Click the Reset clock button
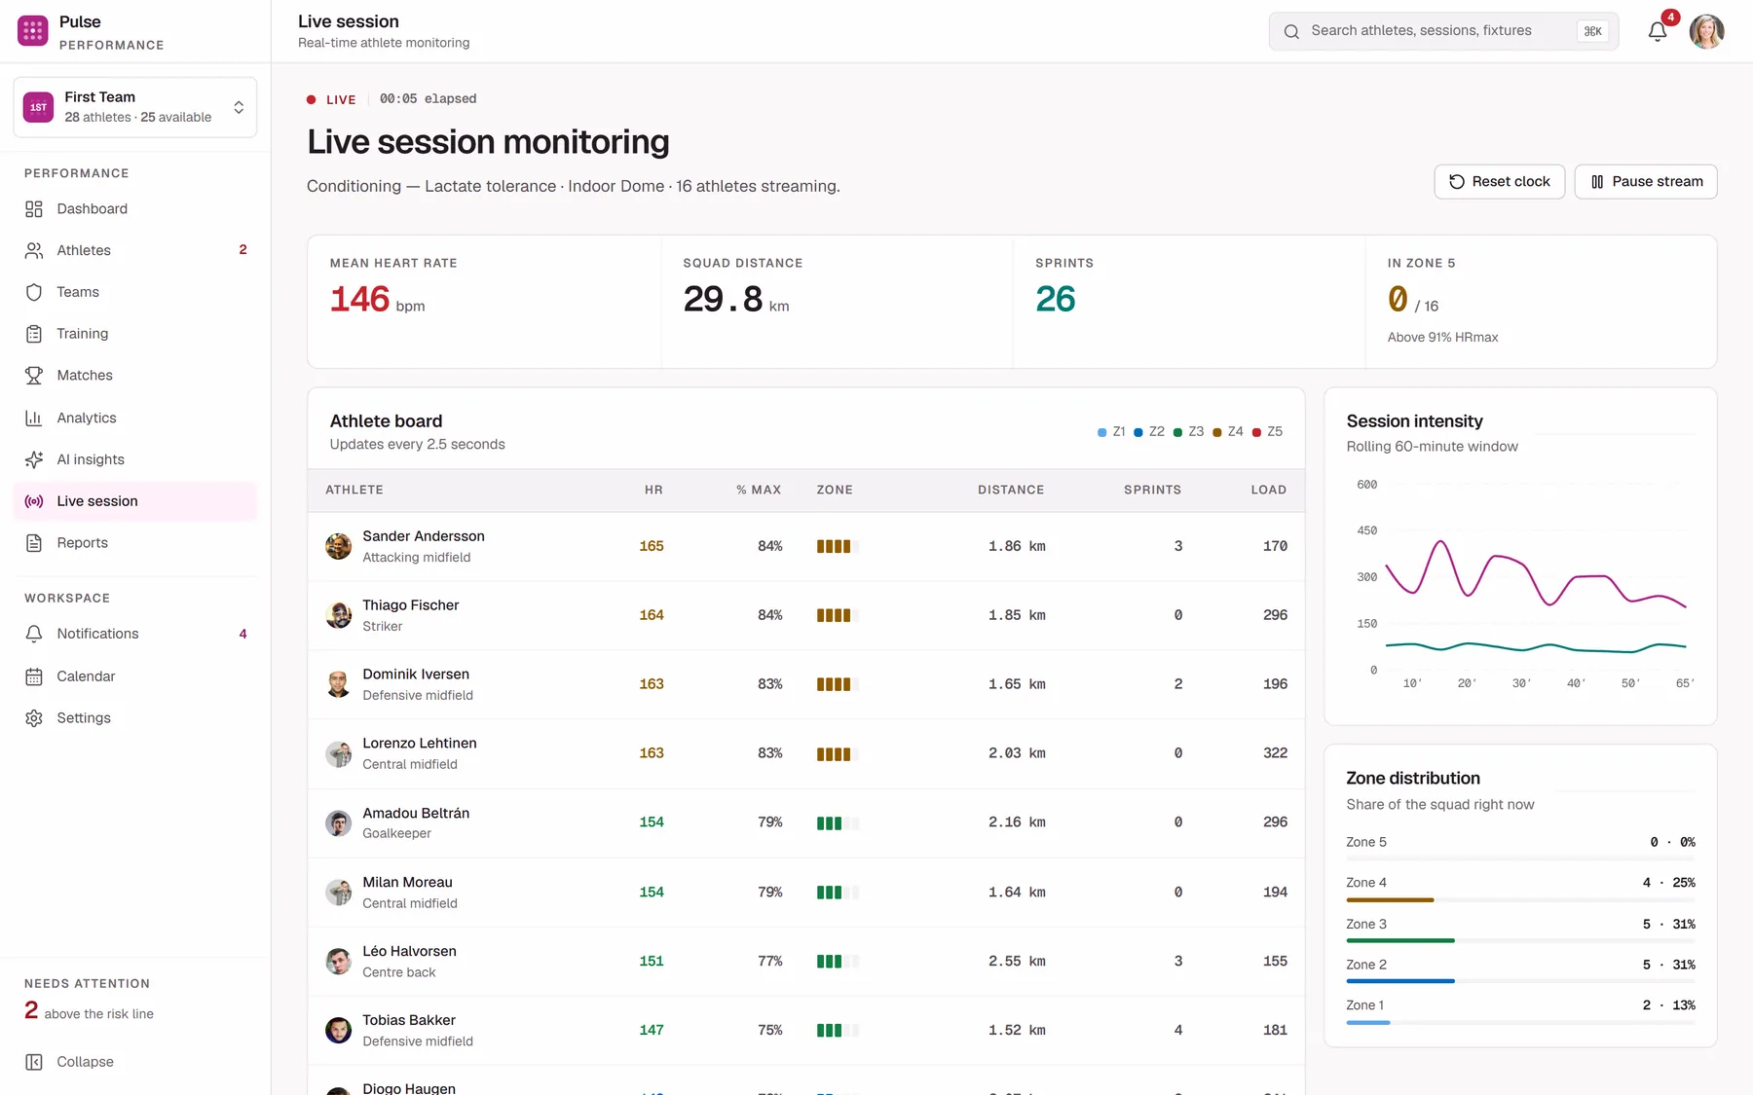1499,182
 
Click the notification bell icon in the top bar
1658,32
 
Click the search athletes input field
1443,31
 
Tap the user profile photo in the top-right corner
1706,31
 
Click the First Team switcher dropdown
135,107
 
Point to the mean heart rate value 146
359,299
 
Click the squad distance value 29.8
723,299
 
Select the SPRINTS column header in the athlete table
1152,490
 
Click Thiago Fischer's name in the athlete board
410,605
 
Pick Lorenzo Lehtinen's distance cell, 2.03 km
1017,753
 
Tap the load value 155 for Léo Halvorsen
1275,961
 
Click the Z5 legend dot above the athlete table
1256,432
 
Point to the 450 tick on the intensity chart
1367,530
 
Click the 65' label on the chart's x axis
1685,683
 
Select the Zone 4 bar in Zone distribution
1390,900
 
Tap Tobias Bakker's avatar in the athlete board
338,1030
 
